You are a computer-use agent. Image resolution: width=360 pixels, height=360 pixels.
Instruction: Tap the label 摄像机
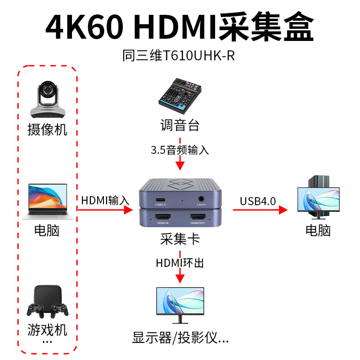(x=47, y=130)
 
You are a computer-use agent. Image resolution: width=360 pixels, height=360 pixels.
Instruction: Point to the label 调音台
(x=180, y=125)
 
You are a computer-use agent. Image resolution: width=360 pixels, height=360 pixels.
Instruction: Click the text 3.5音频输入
(x=180, y=150)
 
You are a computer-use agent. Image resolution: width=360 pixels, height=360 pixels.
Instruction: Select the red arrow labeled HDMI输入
(x=106, y=209)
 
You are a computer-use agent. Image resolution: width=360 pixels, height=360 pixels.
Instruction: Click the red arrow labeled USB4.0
(x=260, y=209)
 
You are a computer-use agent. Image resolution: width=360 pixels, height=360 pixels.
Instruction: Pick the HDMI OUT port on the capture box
(x=198, y=216)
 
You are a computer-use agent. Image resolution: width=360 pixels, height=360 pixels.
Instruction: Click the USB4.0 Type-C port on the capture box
(x=161, y=200)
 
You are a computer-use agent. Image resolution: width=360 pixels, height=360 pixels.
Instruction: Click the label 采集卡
(x=180, y=238)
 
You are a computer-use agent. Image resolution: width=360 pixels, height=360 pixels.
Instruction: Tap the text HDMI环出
(x=180, y=262)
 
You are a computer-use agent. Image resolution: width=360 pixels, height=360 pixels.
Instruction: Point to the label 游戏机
(x=47, y=330)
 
